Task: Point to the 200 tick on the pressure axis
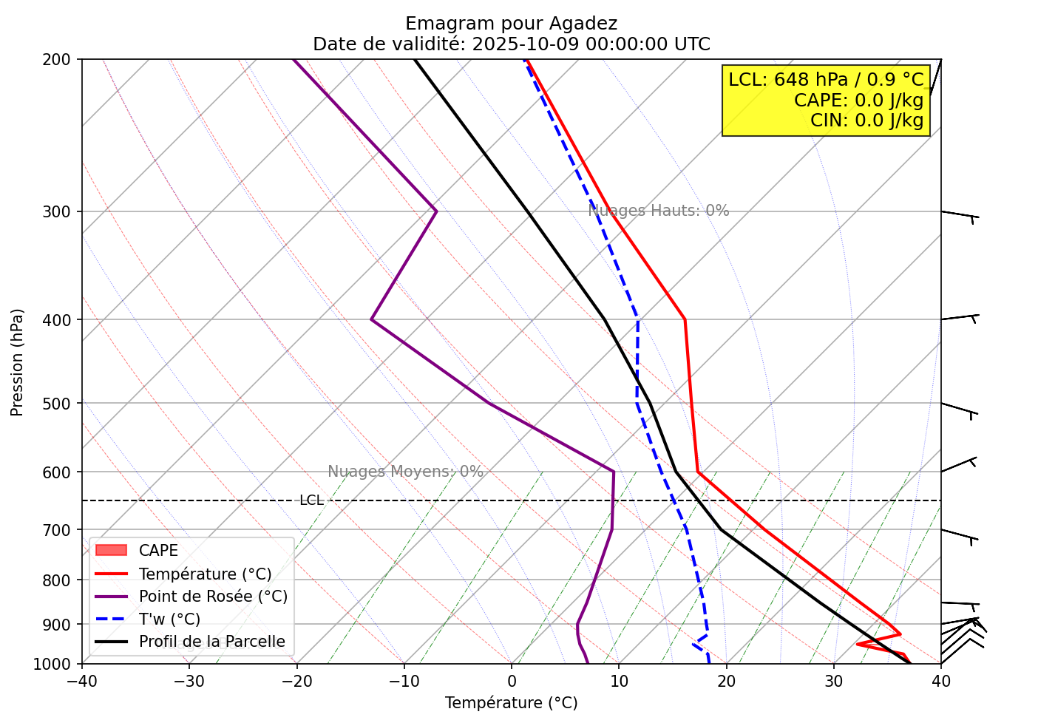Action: [x=61, y=59]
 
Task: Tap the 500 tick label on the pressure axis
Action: [x=61, y=404]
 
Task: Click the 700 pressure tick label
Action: [x=61, y=530]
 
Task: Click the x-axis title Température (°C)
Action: [x=511, y=702]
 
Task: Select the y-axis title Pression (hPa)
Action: [x=17, y=362]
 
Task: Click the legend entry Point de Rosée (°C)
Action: [x=213, y=597]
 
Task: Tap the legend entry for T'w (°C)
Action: [x=169, y=619]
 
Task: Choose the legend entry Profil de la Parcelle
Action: [x=211, y=642]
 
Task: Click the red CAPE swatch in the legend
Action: [x=111, y=551]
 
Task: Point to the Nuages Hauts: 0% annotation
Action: [x=658, y=211]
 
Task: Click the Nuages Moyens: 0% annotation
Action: [x=405, y=472]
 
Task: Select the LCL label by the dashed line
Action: [x=311, y=500]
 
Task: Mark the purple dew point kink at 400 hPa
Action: [x=371, y=319]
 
